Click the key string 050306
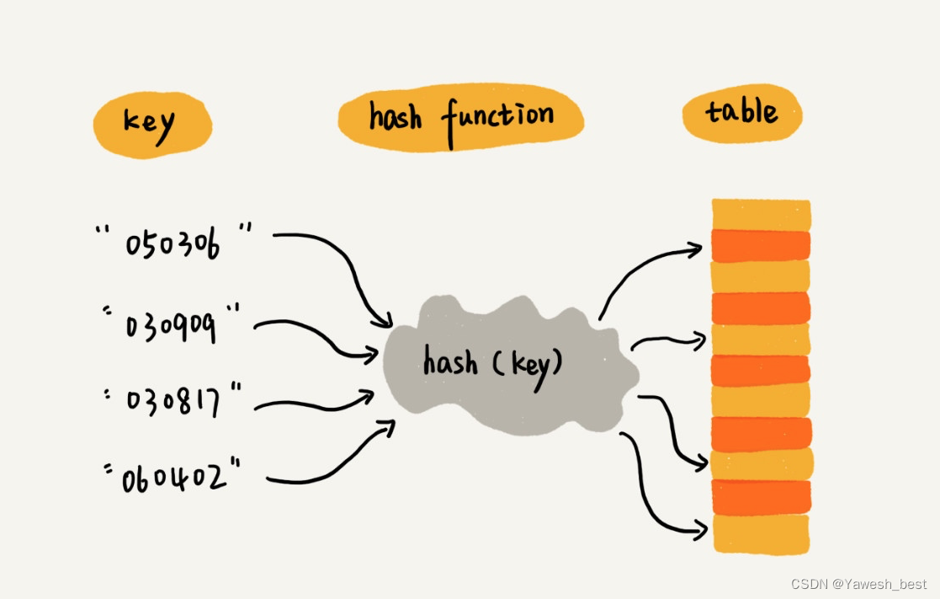pos(173,243)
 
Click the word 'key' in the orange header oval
pos(150,124)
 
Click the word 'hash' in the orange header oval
pos(395,117)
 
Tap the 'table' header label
pos(741,112)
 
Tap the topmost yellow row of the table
pos(761,214)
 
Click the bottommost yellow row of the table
pos(761,533)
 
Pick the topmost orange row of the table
pos(761,245)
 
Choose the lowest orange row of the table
pos(761,497)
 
